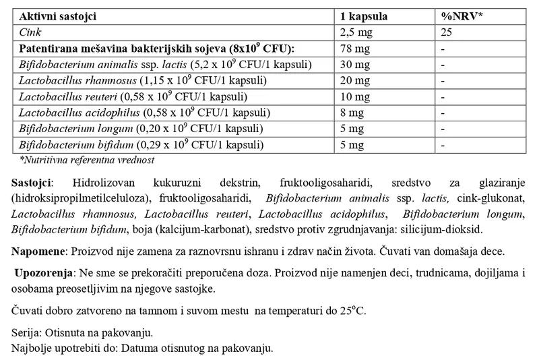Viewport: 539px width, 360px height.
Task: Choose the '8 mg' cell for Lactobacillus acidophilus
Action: [x=351, y=113]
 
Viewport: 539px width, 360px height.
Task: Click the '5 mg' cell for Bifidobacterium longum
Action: [x=351, y=129]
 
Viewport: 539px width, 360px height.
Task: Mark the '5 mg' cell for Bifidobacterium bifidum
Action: [x=351, y=145]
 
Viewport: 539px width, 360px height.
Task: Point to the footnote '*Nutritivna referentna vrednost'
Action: [x=88, y=160]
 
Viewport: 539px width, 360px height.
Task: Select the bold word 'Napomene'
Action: [x=38, y=251]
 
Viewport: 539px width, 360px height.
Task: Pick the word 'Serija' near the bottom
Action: [x=26, y=334]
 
